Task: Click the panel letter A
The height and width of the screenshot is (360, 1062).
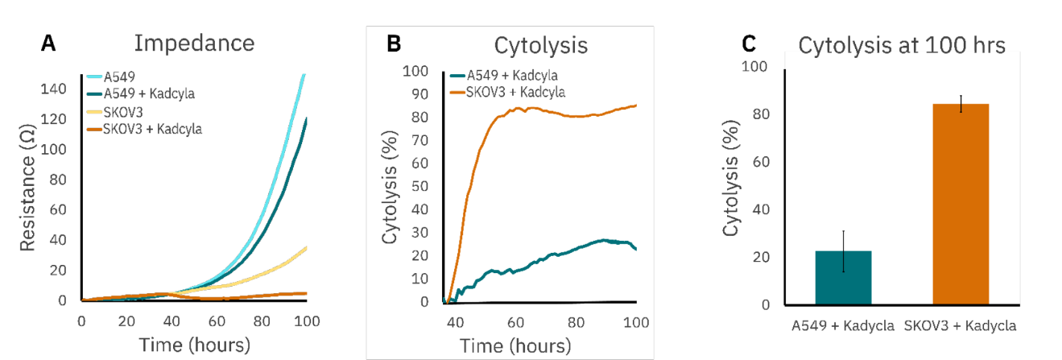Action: point(49,44)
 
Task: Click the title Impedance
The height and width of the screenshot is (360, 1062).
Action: point(194,43)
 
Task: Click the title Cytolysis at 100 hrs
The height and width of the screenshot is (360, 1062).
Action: point(901,46)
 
